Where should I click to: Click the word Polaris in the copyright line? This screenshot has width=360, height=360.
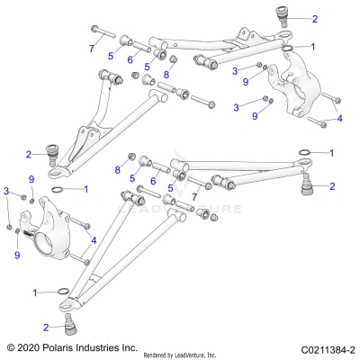pyautogui.click(x=64, y=346)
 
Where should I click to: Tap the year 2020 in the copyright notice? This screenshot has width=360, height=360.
pyautogui.click(x=31, y=346)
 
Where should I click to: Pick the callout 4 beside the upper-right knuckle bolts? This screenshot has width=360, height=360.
pyautogui.click(x=339, y=118)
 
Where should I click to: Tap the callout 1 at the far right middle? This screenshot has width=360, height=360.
pyautogui.click(x=332, y=154)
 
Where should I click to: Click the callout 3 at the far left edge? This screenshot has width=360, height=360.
pyautogui.click(x=7, y=191)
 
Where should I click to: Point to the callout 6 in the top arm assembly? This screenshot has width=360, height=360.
pyautogui.click(x=130, y=59)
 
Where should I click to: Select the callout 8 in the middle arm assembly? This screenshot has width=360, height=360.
pyautogui.click(x=118, y=169)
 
